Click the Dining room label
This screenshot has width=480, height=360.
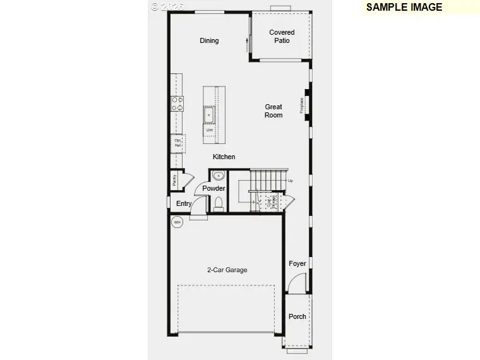tap(209, 40)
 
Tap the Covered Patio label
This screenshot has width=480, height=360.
tap(282, 37)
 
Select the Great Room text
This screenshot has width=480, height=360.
tap(273, 111)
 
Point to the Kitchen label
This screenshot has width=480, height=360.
tap(224, 157)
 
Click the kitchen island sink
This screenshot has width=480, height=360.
tap(208, 114)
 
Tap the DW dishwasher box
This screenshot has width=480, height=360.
tap(208, 129)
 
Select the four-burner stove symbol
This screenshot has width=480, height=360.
tap(177, 104)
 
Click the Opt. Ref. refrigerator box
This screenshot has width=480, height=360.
tap(177, 143)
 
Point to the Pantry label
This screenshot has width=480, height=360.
tap(174, 180)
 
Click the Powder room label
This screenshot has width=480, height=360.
tap(214, 188)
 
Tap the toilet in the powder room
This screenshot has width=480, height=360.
tap(219, 203)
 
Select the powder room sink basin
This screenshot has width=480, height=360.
tap(218, 176)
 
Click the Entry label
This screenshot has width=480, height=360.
tap(184, 203)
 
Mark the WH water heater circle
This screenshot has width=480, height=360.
tap(177, 222)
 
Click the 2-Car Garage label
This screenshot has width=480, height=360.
tap(227, 270)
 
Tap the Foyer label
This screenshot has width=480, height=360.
tap(297, 263)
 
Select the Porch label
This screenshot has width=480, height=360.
tap(297, 316)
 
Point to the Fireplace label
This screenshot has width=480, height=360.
tap(303, 104)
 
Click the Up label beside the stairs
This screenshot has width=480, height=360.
tap(291, 181)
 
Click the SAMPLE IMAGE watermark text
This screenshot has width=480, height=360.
tap(404, 8)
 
